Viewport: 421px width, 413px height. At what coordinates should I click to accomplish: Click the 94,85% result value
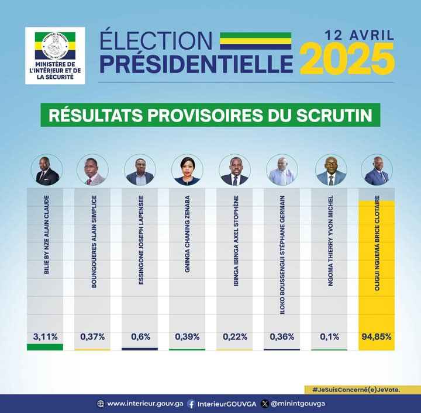pos(377,336)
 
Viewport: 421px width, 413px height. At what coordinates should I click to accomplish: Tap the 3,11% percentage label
pos(44,336)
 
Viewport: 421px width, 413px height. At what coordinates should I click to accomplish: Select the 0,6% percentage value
pos(140,336)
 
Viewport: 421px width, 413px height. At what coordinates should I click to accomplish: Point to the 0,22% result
pos(235,336)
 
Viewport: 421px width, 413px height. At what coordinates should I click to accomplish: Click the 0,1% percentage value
pos(329,336)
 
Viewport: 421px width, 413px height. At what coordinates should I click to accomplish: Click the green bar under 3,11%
pos(44,347)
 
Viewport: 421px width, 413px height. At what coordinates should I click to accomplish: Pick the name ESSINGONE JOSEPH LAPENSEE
pos(140,242)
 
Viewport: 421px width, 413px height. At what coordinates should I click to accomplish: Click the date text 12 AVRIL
pos(359,34)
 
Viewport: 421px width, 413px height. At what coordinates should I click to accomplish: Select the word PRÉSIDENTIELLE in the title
pos(196,63)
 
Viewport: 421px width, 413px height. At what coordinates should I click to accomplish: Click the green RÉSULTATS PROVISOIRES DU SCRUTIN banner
pos(210,115)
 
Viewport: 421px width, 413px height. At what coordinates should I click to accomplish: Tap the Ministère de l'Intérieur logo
pos(55,55)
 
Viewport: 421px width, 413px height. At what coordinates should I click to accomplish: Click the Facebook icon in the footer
pos(191,404)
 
